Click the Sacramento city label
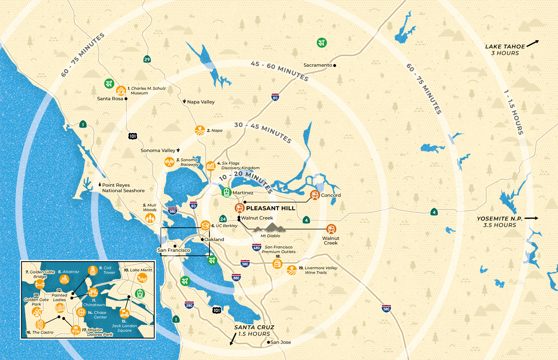click(x=318, y=65)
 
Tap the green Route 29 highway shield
click(x=147, y=59)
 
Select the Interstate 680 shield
click(x=257, y=248)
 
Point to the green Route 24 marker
click(x=223, y=219)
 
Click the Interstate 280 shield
click(x=189, y=305)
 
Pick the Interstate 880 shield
click(x=236, y=277)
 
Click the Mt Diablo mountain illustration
click(x=270, y=228)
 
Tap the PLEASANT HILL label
click(x=270, y=208)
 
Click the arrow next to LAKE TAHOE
click(x=533, y=44)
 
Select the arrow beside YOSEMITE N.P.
click(x=531, y=218)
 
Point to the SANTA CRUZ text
click(x=254, y=327)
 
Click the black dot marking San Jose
click(x=269, y=342)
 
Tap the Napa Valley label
click(x=201, y=102)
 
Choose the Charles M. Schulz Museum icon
click(x=121, y=91)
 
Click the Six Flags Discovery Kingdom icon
click(x=211, y=165)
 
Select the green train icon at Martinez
click(x=227, y=192)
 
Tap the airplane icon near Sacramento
click(x=322, y=43)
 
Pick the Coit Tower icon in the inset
click(x=93, y=271)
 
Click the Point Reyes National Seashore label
click(x=123, y=188)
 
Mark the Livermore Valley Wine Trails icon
click(x=292, y=270)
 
